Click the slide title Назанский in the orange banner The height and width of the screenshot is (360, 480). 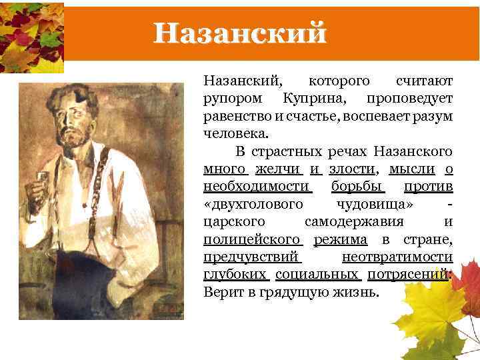[x=240, y=33]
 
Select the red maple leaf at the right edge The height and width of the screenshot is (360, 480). [x=467, y=280]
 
